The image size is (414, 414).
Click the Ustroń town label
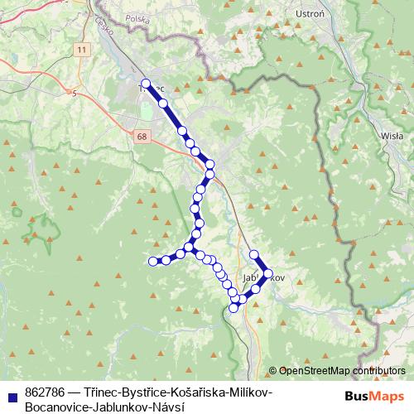coord(307,13)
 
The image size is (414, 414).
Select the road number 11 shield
coord(80,51)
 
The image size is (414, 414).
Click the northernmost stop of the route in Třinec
coord(146,83)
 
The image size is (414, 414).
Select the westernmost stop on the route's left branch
coord(152,262)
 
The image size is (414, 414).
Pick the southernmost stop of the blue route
coord(233,307)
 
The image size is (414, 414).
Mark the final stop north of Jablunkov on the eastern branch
coord(254,255)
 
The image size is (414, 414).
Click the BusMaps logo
coord(369,395)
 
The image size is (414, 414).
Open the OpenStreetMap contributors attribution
coord(342,371)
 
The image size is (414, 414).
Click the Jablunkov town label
coord(264,277)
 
